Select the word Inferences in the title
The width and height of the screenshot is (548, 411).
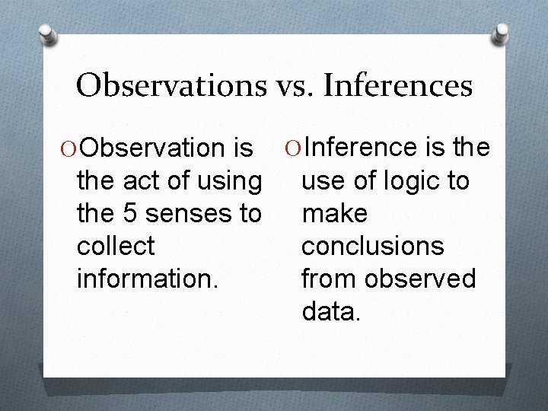(398, 85)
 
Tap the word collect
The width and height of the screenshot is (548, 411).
(116, 247)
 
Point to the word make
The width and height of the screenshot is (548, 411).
(335, 214)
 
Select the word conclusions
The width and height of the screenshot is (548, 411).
(372, 247)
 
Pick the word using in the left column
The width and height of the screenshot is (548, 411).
(224, 182)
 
